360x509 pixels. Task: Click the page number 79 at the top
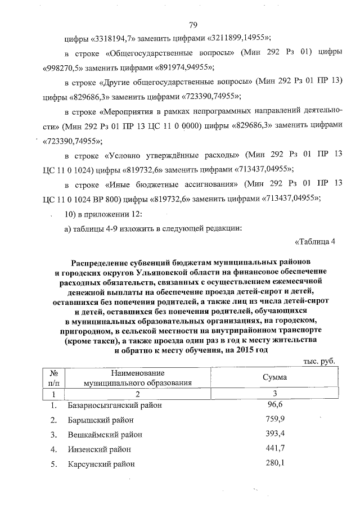tap(193, 25)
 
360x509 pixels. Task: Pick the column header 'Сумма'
tap(274, 378)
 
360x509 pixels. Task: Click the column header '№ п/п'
tap(55, 378)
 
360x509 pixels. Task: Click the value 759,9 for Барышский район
tap(274, 419)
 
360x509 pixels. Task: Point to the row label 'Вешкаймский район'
tap(105, 435)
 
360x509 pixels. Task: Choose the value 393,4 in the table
tap(274, 434)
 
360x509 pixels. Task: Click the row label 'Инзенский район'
tap(100, 449)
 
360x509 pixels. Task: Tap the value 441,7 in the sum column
tap(274, 448)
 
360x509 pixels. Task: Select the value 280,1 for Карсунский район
tap(274, 463)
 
